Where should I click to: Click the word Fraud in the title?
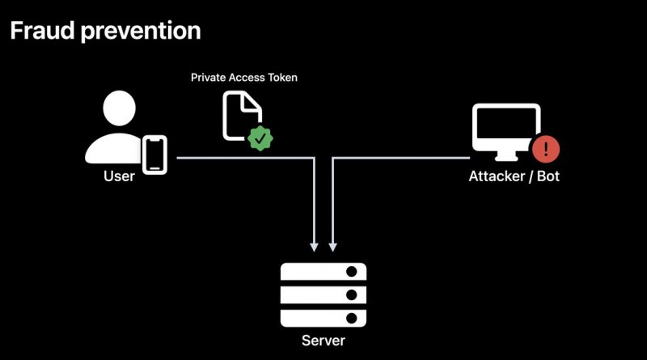(x=42, y=31)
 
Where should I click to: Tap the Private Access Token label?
(x=244, y=78)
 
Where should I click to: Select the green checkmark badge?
(x=260, y=138)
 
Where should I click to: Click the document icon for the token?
(x=242, y=116)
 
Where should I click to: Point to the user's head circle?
(x=119, y=108)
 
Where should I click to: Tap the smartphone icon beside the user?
(x=154, y=155)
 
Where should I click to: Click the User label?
(x=119, y=176)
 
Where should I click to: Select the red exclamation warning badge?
(x=546, y=149)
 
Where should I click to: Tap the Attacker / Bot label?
(x=514, y=176)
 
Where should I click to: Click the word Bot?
(x=548, y=176)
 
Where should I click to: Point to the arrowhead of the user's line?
(x=314, y=247)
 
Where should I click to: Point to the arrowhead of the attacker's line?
(x=332, y=247)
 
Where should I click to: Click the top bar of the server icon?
(x=323, y=271)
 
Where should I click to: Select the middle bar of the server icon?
(x=323, y=294)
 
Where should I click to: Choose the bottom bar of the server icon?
(x=323, y=318)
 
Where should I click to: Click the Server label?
(x=323, y=341)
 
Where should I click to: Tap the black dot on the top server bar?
(x=352, y=271)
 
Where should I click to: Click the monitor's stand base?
(x=506, y=158)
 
